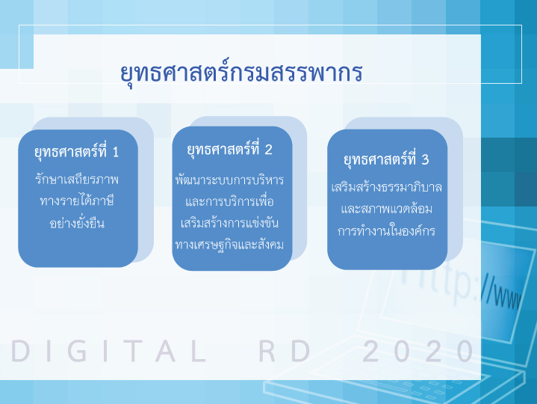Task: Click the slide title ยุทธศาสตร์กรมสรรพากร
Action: pyautogui.click(x=241, y=73)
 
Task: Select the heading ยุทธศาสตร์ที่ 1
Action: pyautogui.click(x=76, y=152)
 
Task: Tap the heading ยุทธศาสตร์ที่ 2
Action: pyautogui.click(x=229, y=149)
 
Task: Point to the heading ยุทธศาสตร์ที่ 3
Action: pyautogui.click(x=386, y=159)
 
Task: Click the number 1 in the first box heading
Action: pyautogui.click(x=116, y=153)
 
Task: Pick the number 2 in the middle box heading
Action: pyautogui.click(x=269, y=150)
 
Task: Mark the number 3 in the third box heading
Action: pyautogui.click(x=425, y=159)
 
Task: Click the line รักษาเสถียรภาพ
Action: pyautogui.click(x=77, y=179)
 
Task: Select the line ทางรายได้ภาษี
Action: pyautogui.click(x=77, y=201)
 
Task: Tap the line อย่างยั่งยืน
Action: pyautogui.click(x=77, y=223)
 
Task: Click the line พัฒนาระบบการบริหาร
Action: pyautogui.click(x=229, y=180)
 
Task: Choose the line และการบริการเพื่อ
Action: pyautogui.click(x=229, y=201)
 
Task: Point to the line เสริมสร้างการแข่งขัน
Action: pyautogui.click(x=229, y=223)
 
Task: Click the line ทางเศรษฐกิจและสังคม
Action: pyautogui.click(x=229, y=245)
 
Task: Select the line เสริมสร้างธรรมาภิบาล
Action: pyautogui.click(x=387, y=187)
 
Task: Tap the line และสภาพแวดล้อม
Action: pyautogui.click(x=387, y=209)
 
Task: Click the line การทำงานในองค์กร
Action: pyautogui.click(x=387, y=230)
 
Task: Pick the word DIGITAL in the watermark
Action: pyautogui.click(x=109, y=351)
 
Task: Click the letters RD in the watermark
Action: pyautogui.click(x=285, y=351)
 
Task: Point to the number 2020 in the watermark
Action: pyautogui.click(x=418, y=351)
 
